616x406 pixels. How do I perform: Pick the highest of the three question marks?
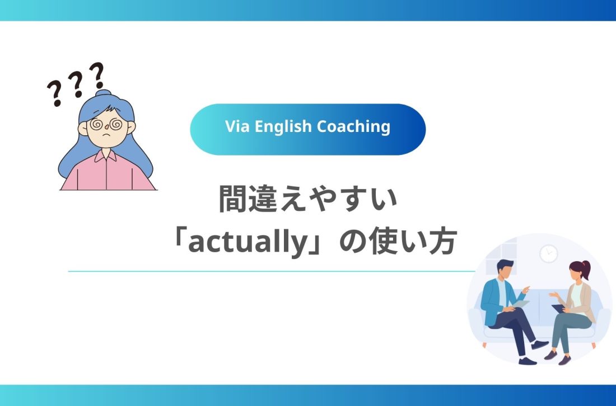97,74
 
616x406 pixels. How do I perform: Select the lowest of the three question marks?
54,94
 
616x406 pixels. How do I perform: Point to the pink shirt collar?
105,158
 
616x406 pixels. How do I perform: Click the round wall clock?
549,253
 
